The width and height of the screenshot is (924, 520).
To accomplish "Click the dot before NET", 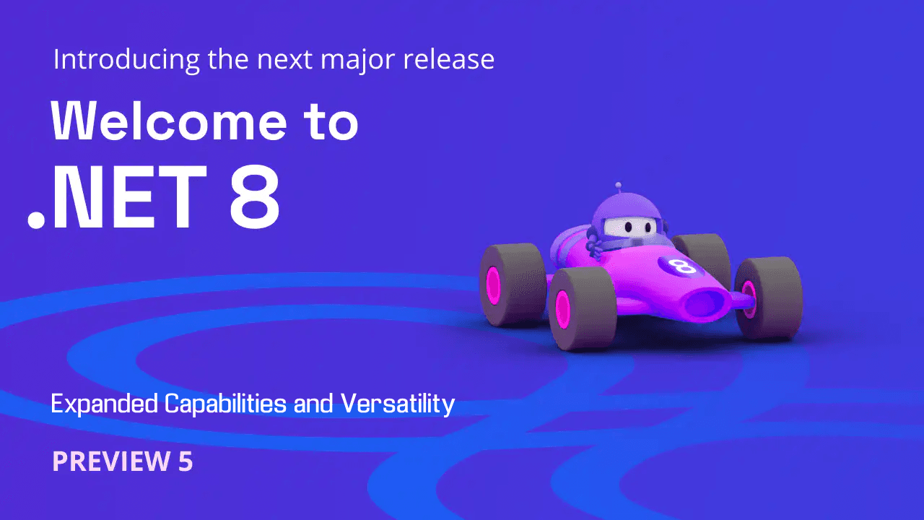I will click(35, 220).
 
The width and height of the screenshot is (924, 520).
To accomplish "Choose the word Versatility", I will click(398, 404).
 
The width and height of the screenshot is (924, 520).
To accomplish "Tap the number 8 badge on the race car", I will click(682, 266).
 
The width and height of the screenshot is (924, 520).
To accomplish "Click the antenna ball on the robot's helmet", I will click(618, 186).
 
